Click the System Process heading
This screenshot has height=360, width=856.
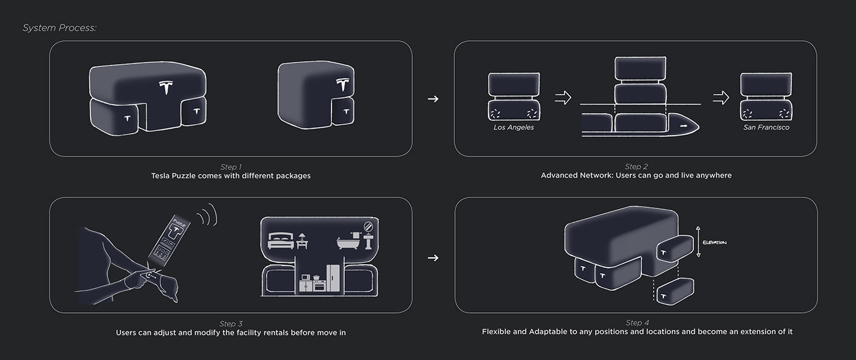(59, 28)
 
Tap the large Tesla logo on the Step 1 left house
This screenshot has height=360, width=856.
(166, 87)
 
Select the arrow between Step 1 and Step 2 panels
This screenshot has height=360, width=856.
(433, 98)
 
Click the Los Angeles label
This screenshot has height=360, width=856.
(514, 128)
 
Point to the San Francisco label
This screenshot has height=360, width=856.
(766, 128)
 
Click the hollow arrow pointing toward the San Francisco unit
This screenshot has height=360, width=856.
(721, 98)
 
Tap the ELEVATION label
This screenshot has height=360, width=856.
(714, 243)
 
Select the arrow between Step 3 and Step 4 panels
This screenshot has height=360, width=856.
(433, 258)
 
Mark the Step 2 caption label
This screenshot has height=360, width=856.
(636, 167)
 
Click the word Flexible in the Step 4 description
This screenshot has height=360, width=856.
(497, 332)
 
